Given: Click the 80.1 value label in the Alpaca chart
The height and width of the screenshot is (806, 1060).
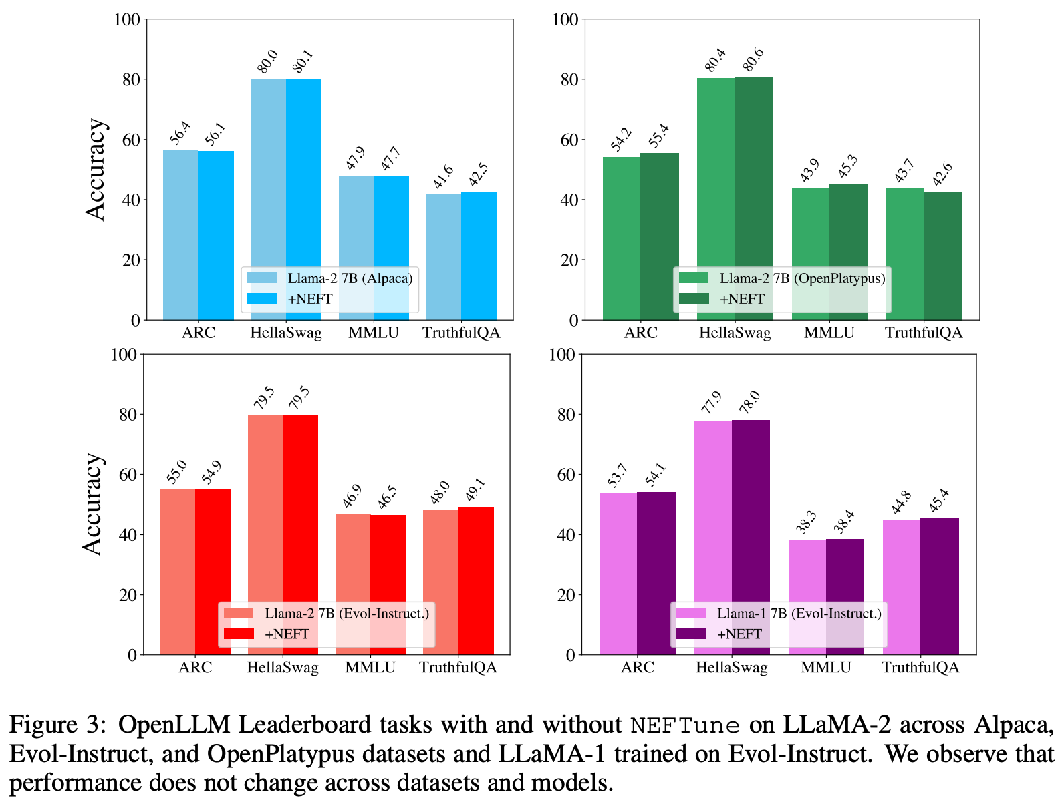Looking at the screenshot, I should (303, 61).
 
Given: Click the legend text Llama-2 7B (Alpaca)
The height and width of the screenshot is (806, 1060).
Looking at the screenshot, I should (350, 278).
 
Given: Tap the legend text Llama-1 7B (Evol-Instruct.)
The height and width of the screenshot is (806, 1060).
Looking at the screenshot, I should (799, 614).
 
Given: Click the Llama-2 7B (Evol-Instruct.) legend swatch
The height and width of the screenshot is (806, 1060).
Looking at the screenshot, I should (239, 614).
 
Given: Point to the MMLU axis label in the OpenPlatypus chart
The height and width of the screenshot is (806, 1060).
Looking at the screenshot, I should (829, 333).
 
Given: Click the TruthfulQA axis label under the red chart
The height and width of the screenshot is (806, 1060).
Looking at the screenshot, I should (458, 668).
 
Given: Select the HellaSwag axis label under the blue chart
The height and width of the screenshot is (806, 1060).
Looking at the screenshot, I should (285, 333).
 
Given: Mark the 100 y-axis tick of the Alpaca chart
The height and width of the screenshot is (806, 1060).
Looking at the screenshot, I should (128, 19).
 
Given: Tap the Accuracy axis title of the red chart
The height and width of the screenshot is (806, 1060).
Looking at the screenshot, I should (93, 504).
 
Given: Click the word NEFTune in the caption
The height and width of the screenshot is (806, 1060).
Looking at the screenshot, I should (685, 725).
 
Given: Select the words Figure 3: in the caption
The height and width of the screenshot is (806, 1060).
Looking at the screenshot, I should (57, 725).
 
